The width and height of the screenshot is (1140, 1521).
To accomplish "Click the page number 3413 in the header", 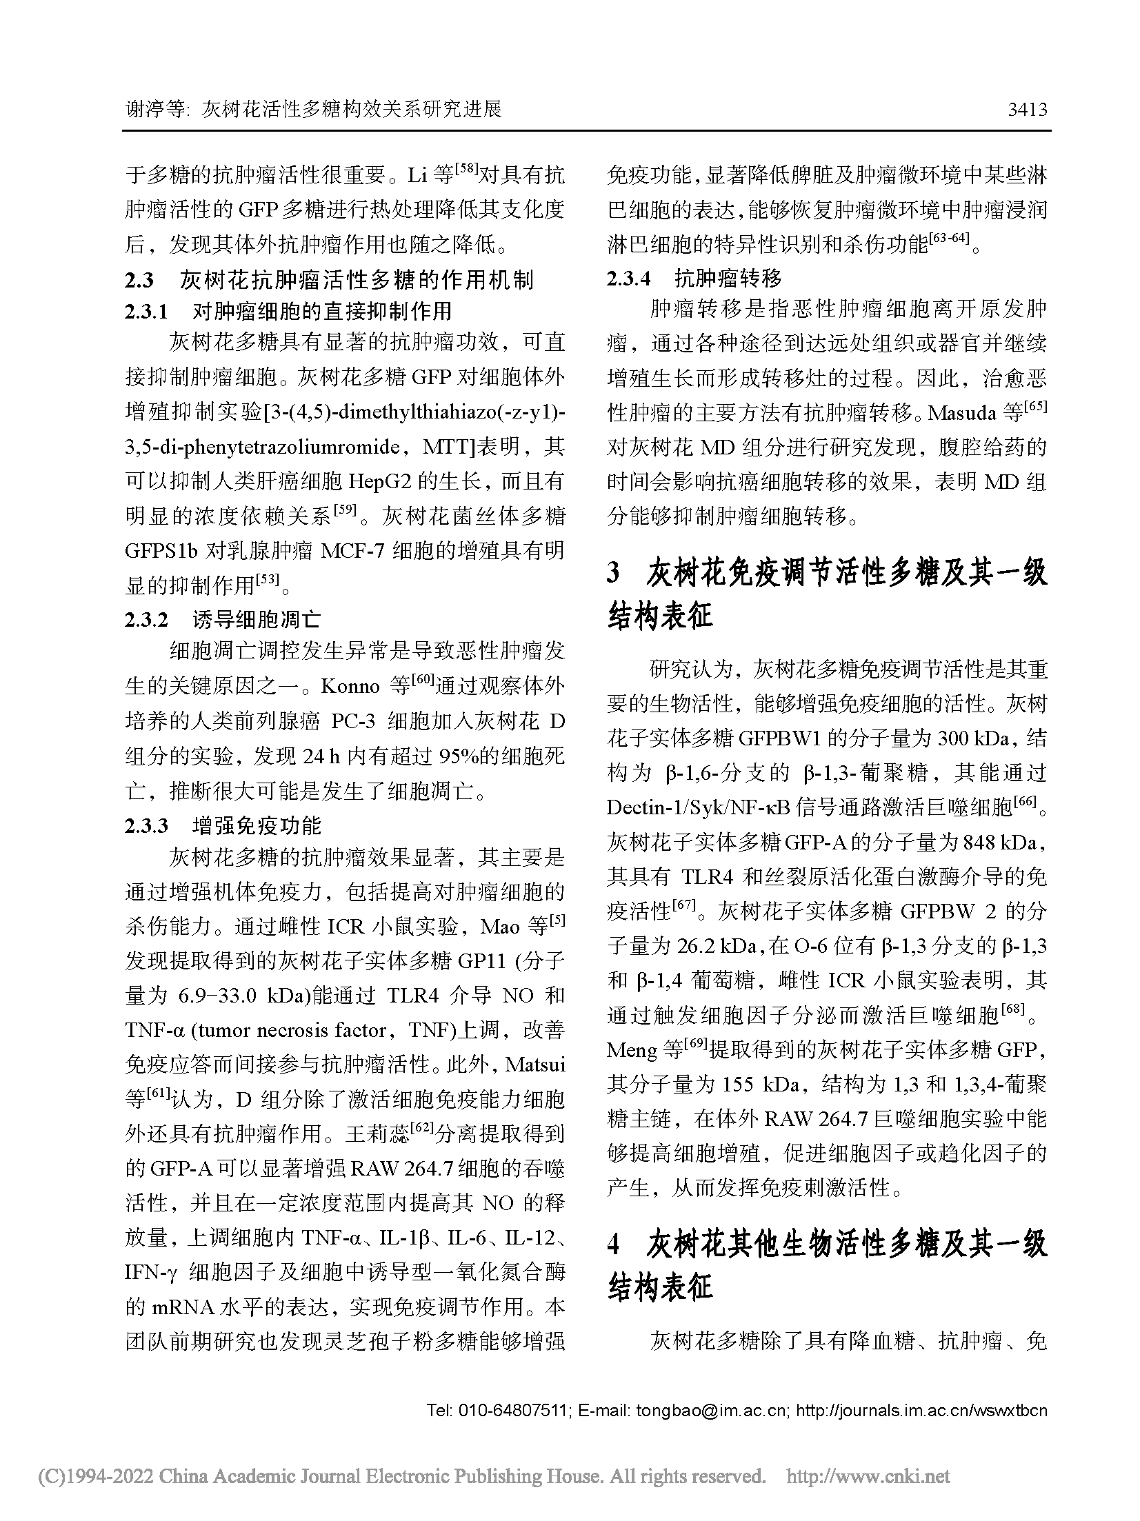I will tap(1027, 110).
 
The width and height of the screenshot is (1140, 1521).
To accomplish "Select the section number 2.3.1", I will tap(146, 312).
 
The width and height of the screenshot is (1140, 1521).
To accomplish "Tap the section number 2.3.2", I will tap(146, 619).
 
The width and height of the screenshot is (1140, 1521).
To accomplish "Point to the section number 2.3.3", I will tap(146, 825).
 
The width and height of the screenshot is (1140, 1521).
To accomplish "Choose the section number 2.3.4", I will tap(628, 279).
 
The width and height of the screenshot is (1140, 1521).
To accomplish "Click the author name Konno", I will tap(350, 687).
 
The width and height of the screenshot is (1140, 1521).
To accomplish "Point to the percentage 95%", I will tap(463, 756).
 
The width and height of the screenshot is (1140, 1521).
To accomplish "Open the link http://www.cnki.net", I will tap(868, 1476).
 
